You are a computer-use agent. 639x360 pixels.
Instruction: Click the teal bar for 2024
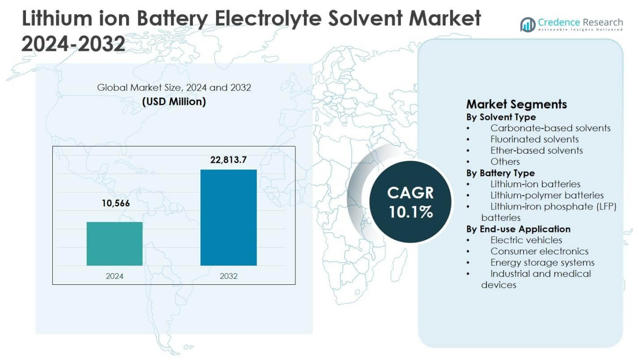[x=115, y=244]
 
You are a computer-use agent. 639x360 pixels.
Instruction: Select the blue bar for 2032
[x=228, y=218]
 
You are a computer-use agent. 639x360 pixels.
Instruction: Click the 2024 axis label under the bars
[x=115, y=276]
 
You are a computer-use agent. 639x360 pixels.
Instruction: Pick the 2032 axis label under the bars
[x=229, y=276]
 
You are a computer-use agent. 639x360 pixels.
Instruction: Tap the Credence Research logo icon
[x=528, y=24]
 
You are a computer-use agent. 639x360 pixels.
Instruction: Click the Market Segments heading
[x=516, y=104]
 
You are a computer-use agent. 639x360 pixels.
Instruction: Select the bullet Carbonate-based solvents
[x=550, y=128]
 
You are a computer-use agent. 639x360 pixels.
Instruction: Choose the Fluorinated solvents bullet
[x=534, y=139]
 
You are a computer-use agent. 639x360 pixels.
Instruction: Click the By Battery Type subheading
[x=500, y=173]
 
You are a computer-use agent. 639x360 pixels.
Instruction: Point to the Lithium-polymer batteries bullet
[x=547, y=195]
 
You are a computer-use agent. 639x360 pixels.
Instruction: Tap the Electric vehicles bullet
[x=526, y=240]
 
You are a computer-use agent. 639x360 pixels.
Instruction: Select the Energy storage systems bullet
[x=542, y=262]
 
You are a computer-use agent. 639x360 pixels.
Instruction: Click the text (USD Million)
[x=174, y=102]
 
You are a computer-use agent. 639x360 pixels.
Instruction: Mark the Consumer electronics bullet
[x=539, y=251]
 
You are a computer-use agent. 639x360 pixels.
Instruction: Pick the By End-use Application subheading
[x=518, y=229]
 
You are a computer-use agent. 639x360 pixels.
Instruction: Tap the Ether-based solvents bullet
[x=536, y=150]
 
